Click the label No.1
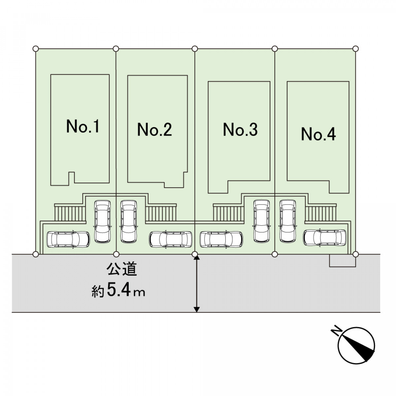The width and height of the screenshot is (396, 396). [x=82, y=127]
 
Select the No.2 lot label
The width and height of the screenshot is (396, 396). [x=154, y=130]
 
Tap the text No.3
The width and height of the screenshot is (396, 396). [x=240, y=130]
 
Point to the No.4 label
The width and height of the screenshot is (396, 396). [x=318, y=134]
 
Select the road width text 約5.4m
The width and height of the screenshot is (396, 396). [x=118, y=291]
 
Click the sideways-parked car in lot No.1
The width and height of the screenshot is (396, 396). [x=68, y=239]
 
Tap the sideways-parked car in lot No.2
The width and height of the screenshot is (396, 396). [x=171, y=239]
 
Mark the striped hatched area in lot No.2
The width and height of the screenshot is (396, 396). [x=161, y=213]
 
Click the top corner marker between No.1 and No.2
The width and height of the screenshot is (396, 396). [x=116, y=49]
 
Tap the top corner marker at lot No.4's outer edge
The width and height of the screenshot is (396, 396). [x=355, y=49]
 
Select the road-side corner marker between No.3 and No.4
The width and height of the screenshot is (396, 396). [x=275, y=254]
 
